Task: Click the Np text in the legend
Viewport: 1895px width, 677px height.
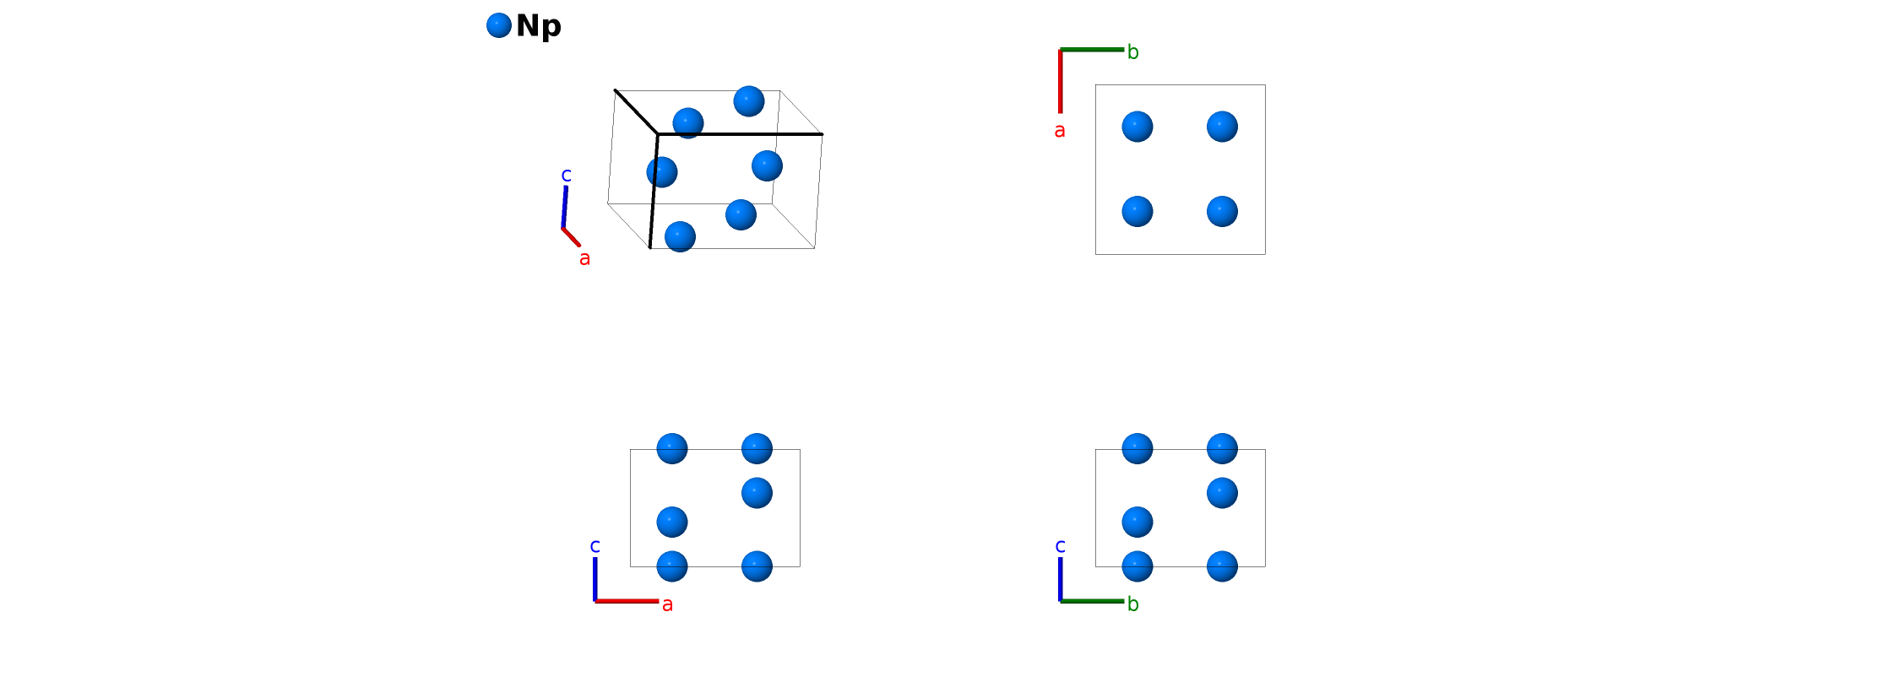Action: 538,26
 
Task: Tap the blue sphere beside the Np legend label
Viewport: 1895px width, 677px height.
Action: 499,25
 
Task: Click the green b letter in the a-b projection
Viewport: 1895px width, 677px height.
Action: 1132,52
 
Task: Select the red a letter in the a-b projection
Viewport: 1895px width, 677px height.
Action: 1060,131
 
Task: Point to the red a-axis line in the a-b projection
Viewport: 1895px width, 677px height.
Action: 1061,81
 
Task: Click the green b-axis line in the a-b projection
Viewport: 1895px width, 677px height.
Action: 1092,50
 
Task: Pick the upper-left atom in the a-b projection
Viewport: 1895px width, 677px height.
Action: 1138,127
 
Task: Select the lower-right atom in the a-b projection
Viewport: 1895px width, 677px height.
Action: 1222,211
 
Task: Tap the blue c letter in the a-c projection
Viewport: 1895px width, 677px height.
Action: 595,546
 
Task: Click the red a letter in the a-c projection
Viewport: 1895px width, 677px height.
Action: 667,604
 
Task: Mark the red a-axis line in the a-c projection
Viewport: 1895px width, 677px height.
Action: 627,601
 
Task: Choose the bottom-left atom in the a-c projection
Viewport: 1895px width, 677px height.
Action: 672,566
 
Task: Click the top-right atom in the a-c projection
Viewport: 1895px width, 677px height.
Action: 757,448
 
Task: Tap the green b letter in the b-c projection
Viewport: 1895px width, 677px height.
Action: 1132,604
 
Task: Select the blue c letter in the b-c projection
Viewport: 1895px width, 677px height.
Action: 1061,546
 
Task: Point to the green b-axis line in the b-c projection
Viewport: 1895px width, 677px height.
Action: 1092,601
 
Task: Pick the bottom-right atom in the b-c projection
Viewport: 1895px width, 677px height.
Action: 1222,566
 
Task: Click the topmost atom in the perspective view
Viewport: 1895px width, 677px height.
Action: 749,101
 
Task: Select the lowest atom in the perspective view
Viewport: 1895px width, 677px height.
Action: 680,237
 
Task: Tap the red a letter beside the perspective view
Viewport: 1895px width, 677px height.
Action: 584,258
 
